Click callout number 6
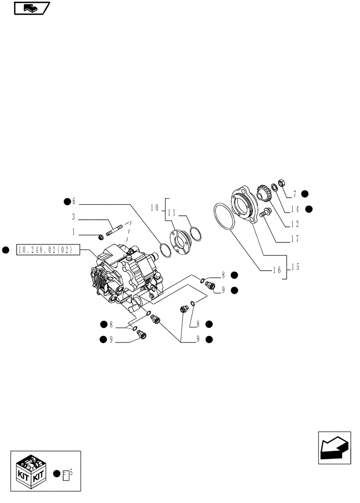click(x=73, y=202)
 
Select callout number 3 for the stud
click(x=73, y=218)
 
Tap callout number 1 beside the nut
click(x=73, y=233)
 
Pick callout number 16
click(x=276, y=270)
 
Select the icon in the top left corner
click(x=31, y=8)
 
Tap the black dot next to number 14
click(x=309, y=209)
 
